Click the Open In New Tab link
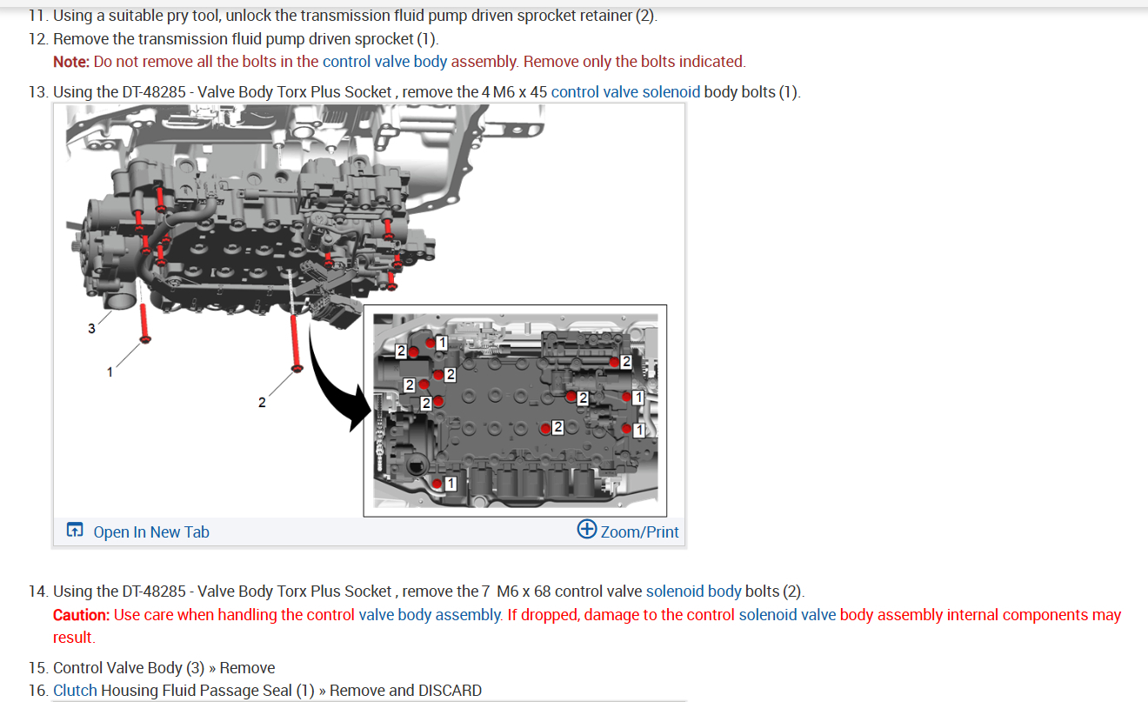coord(150,532)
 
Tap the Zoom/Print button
coord(628,531)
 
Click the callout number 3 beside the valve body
coord(91,328)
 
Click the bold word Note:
coord(71,62)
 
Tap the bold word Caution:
coord(81,615)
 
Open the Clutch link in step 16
coord(75,691)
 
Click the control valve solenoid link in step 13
coord(625,91)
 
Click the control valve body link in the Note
coord(384,62)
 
